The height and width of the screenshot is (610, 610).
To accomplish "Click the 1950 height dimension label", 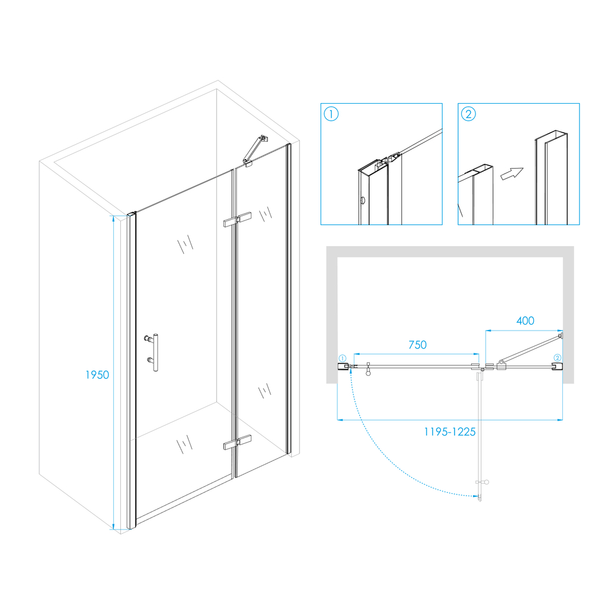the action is click(97, 375).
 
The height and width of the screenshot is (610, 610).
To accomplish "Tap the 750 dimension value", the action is click(418, 345).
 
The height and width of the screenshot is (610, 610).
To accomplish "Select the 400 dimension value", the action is click(525, 320).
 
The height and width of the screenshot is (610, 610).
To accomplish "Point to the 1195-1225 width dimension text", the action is click(450, 432).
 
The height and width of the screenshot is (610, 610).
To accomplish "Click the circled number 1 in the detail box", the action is click(331, 114).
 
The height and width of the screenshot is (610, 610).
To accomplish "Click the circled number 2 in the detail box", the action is click(468, 114).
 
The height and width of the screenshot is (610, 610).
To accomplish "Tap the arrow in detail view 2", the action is click(512, 173).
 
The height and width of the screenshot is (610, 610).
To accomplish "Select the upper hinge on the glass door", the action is click(237, 219).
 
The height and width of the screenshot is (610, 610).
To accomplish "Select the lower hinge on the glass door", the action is click(237, 442).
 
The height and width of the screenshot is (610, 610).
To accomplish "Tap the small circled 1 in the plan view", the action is click(343, 358).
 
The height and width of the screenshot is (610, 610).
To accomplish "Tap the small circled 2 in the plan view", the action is click(558, 358).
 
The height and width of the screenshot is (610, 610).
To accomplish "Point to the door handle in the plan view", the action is click(368, 369).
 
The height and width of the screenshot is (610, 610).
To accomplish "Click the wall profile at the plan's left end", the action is click(343, 366).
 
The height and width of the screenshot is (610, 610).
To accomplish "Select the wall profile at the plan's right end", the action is click(557, 366).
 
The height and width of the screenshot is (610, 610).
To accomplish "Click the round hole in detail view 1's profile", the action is click(363, 201).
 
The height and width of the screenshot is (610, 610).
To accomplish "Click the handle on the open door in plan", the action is click(483, 482).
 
